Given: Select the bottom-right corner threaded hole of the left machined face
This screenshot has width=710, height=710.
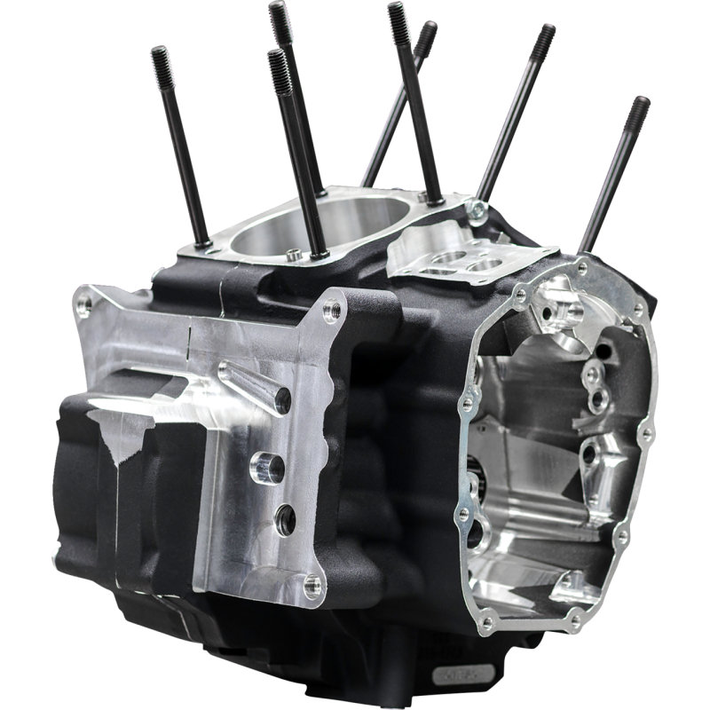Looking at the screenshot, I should point(309,582).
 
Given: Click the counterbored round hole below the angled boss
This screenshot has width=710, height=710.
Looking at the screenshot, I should point(264,462).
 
